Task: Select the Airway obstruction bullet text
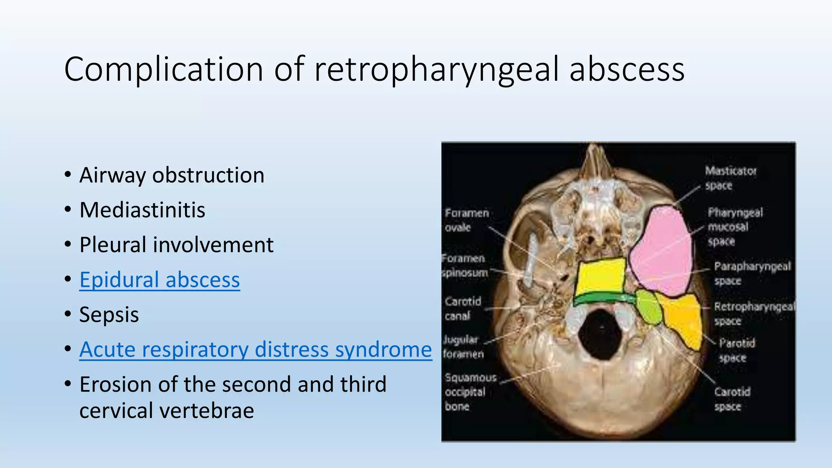172,175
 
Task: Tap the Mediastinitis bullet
142,210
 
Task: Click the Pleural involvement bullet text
176,245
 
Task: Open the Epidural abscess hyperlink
160,280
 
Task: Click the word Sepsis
109,315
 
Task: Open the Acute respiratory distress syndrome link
256,350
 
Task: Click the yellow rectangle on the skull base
600,276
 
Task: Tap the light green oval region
648,307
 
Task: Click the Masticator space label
730,178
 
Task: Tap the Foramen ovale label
466,220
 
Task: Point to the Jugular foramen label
462,347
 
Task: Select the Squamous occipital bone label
470,392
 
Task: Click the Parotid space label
736,350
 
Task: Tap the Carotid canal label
462,308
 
